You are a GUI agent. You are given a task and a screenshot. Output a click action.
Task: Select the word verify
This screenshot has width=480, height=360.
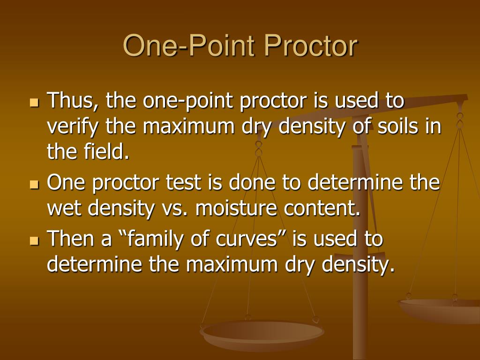click(x=73, y=126)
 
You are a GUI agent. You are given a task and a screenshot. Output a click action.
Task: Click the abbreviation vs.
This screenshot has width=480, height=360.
click(x=175, y=209)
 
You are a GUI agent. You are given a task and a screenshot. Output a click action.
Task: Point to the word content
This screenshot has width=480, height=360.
click(x=324, y=209)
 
